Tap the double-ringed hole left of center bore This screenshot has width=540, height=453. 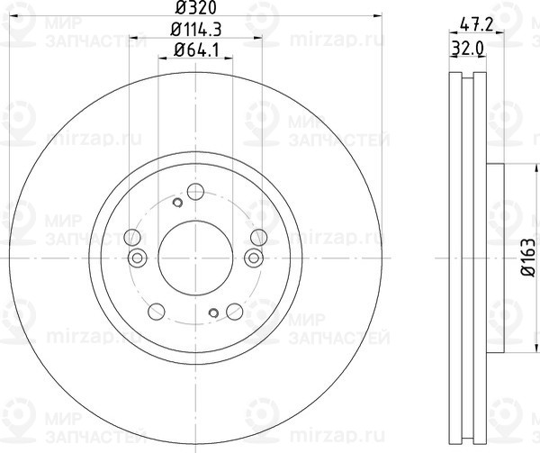click(138, 259)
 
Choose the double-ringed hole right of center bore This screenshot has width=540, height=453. click(252, 259)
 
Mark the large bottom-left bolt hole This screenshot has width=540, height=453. click(156, 312)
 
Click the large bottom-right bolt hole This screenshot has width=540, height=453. click(234, 312)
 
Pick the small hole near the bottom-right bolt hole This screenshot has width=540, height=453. click(213, 313)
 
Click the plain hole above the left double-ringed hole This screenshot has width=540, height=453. click(132, 239)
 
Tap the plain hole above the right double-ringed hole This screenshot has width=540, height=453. click(258, 239)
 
